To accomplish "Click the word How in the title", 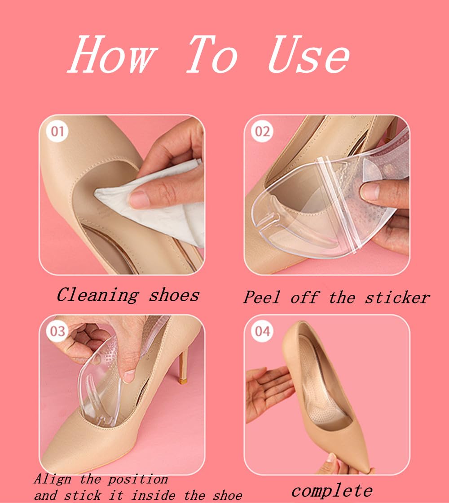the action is point(113,54).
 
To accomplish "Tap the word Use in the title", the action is point(308,54).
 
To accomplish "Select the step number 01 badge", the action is point(57,131).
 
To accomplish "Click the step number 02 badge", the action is point(262,131).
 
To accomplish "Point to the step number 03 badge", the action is point(57,331).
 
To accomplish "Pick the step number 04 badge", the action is point(262,331).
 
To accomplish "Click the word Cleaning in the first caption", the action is point(97,295).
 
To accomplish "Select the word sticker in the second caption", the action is point(397,298).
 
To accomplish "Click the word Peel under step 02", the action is point(262,297).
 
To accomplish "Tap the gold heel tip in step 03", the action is point(183,381).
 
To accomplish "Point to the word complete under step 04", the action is point(332,491).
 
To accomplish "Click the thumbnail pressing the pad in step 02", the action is point(370,191).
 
